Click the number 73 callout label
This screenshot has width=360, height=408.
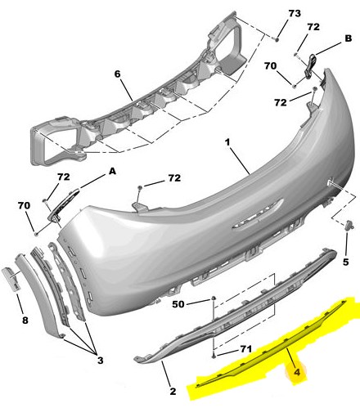point(295,13)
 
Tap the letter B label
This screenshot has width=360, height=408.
point(349,38)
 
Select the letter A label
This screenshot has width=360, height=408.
point(112,171)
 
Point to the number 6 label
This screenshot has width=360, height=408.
point(117,74)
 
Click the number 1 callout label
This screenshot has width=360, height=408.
point(227,142)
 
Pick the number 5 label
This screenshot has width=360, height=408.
point(345,262)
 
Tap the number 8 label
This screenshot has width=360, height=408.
point(25,321)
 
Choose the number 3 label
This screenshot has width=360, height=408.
point(101,361)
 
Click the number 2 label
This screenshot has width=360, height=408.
point(173,392)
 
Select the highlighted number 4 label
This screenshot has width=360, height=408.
point(297,372)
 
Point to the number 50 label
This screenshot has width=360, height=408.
point(178,304)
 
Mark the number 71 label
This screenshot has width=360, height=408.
point(245,349)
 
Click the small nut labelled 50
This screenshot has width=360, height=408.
point(214,298)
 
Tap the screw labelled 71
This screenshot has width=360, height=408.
point(214,356)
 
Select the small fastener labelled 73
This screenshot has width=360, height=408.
point(277,40)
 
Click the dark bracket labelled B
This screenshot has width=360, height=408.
point(310,66)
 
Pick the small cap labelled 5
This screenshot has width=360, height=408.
point(349,226)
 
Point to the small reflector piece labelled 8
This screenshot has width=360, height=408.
point(11,280)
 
